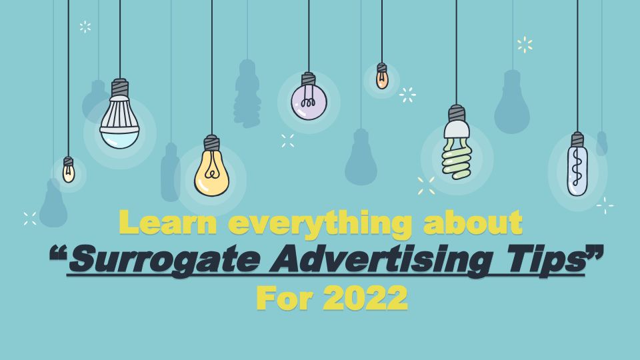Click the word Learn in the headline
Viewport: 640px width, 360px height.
pos(168,223)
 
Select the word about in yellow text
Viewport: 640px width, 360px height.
pos(473,223)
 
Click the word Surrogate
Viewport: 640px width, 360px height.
pos(164,259)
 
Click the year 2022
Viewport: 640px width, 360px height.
pos(365,298)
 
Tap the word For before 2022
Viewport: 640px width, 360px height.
pos(285,298)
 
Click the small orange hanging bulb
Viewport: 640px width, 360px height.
pos(381,76)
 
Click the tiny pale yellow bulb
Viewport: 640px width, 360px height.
pos(69,169)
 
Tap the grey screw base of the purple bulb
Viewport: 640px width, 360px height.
pos(308,79)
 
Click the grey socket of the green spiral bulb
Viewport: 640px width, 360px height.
pos(457,113)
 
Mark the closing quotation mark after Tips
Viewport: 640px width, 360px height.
pos(595,253)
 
